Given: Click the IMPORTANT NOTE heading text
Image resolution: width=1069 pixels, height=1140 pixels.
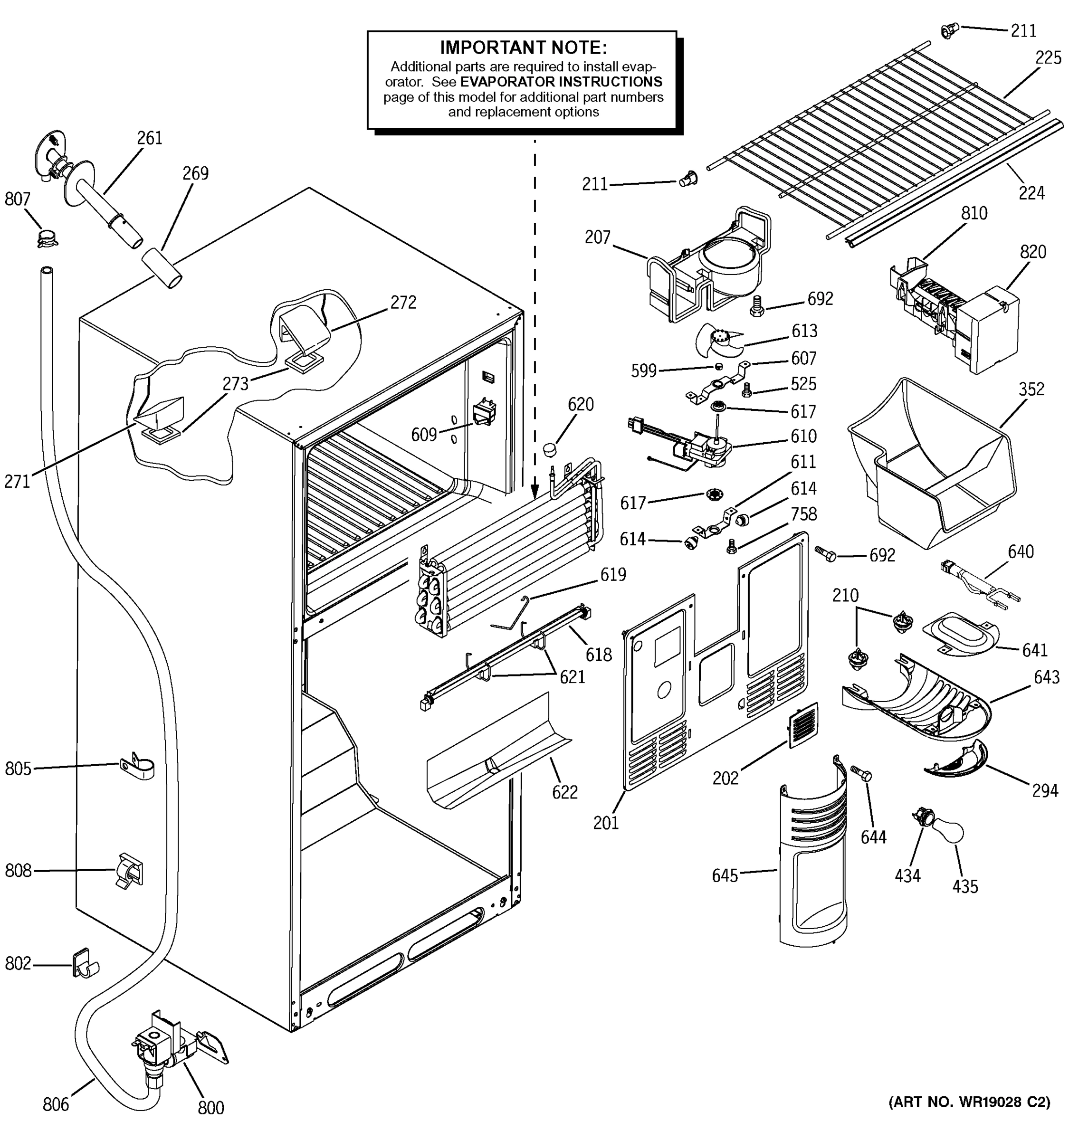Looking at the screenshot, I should click(523, 47).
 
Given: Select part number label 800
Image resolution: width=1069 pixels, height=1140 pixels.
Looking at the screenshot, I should click(210, 1108).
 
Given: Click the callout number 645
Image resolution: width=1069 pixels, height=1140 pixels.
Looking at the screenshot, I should click(725, 875).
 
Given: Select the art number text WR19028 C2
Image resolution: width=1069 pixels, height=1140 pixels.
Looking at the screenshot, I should click(969, 1102).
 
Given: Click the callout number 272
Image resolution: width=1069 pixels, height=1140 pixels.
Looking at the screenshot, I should click(403, 302).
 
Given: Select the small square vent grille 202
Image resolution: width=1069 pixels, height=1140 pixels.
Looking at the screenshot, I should click(803, 725).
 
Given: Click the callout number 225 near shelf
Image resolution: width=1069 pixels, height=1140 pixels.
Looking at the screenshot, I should click(1048, 58).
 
